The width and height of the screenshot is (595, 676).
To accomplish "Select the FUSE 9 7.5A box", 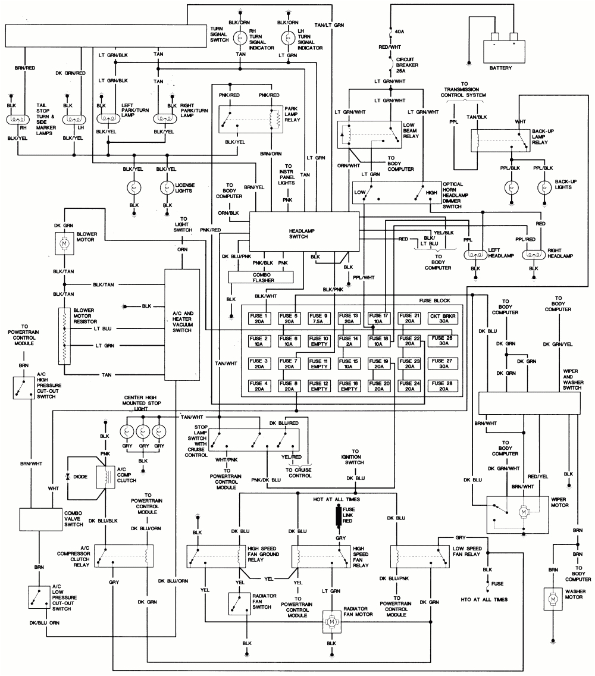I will pyautogui.click(x=318, y=318).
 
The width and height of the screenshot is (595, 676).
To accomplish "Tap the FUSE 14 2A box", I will pyautogui.click(x=348, y=341).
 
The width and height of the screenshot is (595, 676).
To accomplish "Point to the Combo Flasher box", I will pyautogui.click(x=260, y=276).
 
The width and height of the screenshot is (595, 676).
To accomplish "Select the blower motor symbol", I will pyautogui.click(x=64, y=243).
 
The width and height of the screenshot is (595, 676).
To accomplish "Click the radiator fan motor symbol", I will pyautogui.click(x=330, y=621).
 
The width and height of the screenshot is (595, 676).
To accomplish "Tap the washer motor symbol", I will pyautogui.click(x=553, y=597).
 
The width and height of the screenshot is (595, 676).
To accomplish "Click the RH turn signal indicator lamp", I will pyautogui.click(x=240, y=37).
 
